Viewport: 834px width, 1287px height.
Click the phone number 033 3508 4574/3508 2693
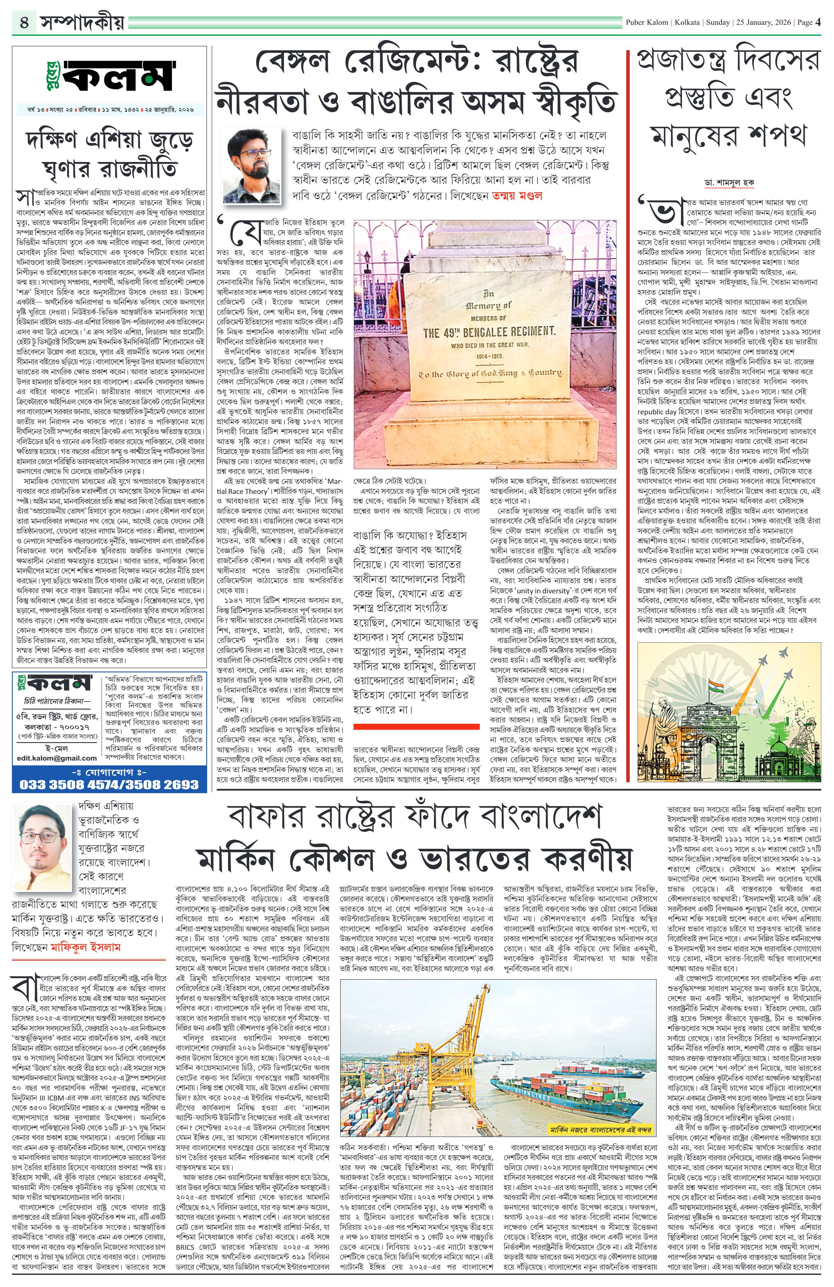click(109, 784)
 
